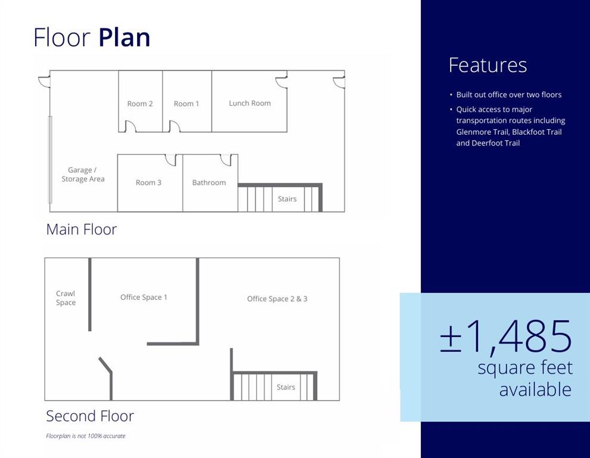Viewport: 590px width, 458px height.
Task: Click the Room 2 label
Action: click(140, 104)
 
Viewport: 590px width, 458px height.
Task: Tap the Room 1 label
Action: click(187, 104)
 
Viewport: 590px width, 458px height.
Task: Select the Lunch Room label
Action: click(250, 103)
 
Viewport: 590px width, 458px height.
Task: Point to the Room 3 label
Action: click(148, 182)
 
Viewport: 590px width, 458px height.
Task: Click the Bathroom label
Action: click(209, 182)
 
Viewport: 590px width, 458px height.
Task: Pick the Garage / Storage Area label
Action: click(83, 174)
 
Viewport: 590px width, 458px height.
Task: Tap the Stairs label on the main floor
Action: click(287, 199)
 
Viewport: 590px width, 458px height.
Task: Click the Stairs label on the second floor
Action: click(285, 387)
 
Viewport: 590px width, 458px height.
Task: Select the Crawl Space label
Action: click(66, 298)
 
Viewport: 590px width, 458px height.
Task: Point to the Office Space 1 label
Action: click(144, 297)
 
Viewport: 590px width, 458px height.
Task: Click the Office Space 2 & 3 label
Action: click(277, 299)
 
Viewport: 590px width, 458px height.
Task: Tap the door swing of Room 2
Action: click(130, 126)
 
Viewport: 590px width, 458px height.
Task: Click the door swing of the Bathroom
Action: click(226, 160)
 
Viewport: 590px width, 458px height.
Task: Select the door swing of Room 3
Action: click(170, 160)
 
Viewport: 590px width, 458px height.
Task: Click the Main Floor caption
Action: click(81, 230)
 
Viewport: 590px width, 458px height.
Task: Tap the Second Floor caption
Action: click(90, 416)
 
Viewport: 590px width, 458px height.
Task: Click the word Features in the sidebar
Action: click(487, 65)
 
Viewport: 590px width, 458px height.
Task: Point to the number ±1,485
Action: click(506, 336)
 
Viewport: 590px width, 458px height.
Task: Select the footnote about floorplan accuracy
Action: click(86, 436)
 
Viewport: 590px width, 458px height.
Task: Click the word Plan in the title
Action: click(125, 38)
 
